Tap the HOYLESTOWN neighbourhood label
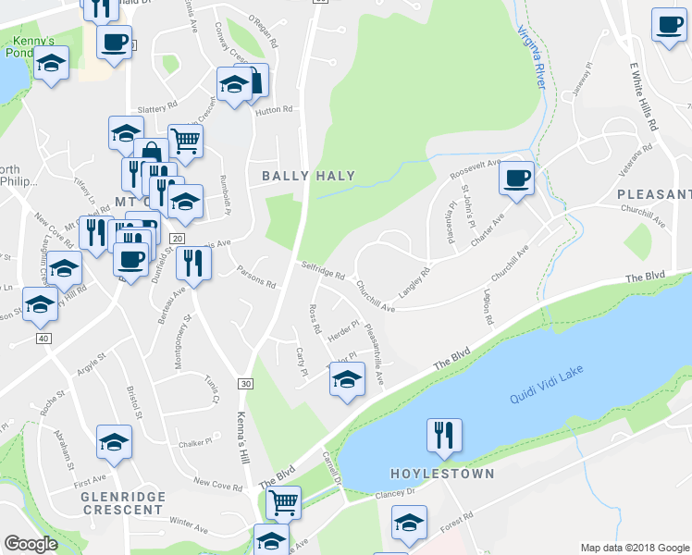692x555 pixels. (x=442, y=474)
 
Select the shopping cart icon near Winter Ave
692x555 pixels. (x=283, y=503)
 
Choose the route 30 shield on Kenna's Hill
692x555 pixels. (x=245, y=383)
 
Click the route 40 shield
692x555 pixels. (x=43, y=339)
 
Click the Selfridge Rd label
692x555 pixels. (x=322, y=271)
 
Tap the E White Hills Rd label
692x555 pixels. (x=642, y=97)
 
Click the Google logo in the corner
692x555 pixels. (x=31, y=544)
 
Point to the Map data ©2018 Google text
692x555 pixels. (x=635, y=548)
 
